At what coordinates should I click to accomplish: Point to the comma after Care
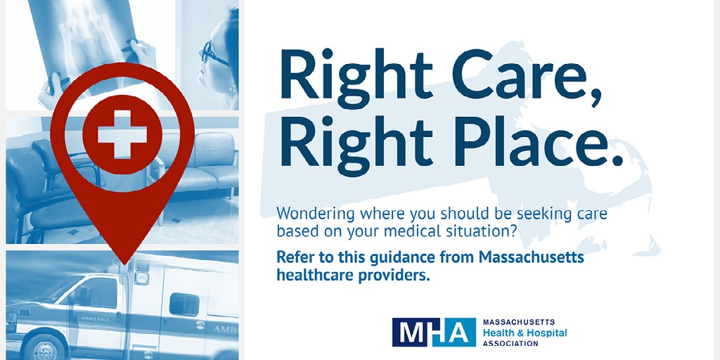click(596, 98)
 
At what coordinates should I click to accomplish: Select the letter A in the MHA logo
click(460, 333)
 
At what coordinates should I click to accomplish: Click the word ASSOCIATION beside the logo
click(510, 343)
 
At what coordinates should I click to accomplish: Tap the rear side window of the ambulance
click(184, 304)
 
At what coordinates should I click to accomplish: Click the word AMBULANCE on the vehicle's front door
click(95, 319)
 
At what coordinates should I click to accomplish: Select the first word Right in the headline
click(356, 73)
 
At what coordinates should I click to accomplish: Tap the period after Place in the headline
click(617, 160)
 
